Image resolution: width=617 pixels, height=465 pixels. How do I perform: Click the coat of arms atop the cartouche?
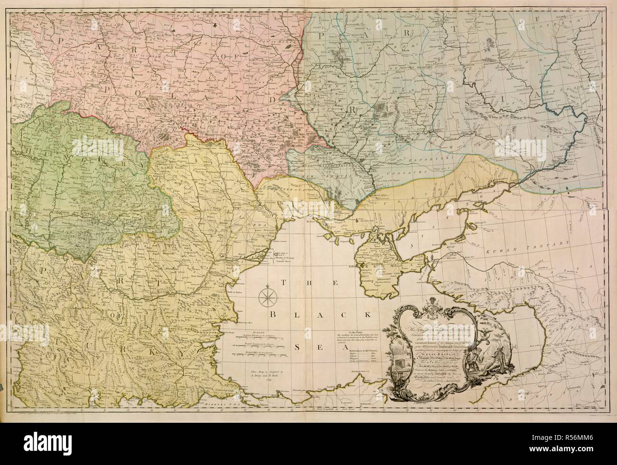[432, 302]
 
